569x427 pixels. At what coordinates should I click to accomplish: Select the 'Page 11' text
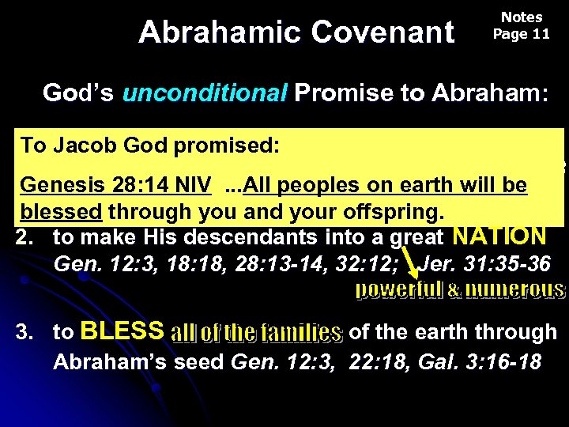click(521, 34)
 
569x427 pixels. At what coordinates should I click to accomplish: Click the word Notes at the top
click(522, 17)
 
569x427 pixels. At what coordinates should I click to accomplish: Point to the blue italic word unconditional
click(205, 93)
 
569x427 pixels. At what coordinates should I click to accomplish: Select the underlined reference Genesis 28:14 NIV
click(115, 186)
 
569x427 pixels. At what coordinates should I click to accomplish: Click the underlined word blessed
click(62, 212)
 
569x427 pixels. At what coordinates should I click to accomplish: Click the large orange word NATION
click(499, 236)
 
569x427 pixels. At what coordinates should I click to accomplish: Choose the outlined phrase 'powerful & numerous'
click(460, 290)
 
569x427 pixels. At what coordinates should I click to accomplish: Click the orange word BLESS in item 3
click(122, 331)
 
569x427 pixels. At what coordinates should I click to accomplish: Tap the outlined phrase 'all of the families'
click(256, 333)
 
